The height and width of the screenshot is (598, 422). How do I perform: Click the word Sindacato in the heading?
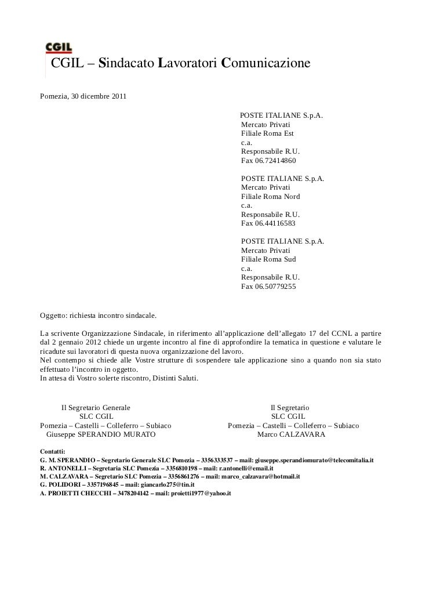(x=127, y=63)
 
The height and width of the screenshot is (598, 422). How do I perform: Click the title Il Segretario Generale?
(x=96, y=408)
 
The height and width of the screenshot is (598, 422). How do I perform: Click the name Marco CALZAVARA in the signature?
(x=291, y=434)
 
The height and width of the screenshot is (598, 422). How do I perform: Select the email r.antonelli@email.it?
(x=244, y=468)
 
